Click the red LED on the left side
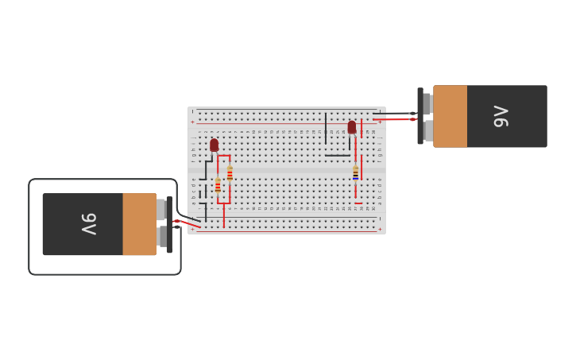pos(214,145)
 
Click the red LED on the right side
pos(352,127)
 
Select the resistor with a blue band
pos(355,172)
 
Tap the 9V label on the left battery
pos(88,224)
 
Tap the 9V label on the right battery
pos(501,116)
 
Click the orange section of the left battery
pos(139,224)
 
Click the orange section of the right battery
pos(450,116)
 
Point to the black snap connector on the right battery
pos(420,116)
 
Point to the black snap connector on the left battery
pos(169,225)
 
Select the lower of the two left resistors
pos(218,186)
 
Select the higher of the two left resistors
pos(230,173)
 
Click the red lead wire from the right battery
pos(393,120)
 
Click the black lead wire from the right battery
pos(393,114)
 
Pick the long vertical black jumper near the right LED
pos(326,128)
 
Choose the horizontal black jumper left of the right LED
pos(338,155)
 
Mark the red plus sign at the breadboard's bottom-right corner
pos(380,230)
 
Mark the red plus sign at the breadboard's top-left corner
pos(192,122)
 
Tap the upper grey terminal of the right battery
pos(427,104)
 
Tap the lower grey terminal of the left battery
pos(161,237)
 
